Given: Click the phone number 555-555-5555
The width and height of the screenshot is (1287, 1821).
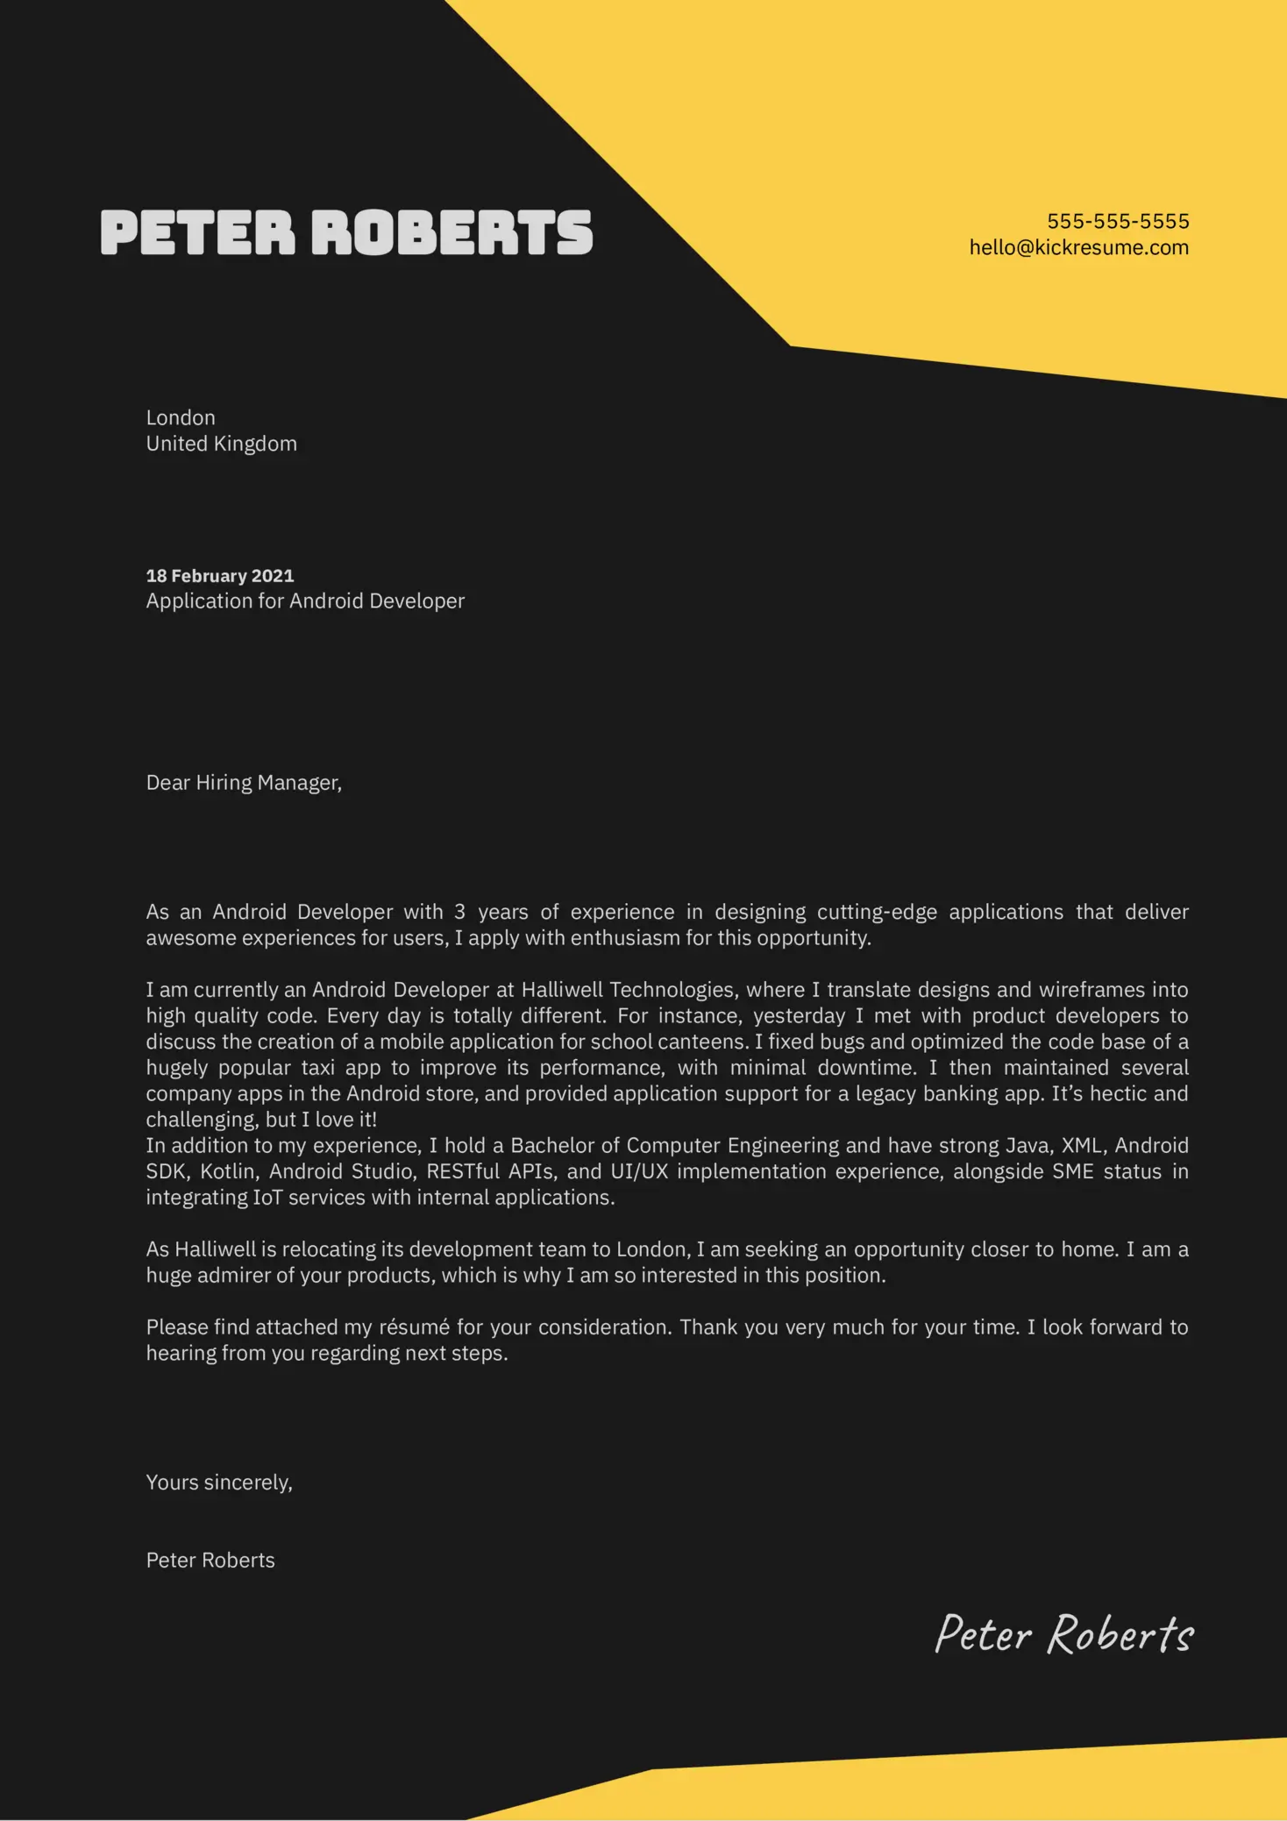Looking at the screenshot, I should tap(1118, 221).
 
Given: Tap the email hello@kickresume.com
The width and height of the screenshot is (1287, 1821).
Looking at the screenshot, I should tap(1078, 247).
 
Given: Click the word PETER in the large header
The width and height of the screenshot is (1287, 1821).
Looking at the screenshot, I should tap(198, 233).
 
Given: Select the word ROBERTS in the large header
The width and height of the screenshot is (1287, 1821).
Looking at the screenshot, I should tap(452, 233).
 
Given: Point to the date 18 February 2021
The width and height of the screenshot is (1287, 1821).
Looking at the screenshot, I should tap(220, 576).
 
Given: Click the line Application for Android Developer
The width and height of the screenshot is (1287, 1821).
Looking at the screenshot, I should tap(305, 601).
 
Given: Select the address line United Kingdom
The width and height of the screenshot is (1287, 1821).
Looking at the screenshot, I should tap(221, 444).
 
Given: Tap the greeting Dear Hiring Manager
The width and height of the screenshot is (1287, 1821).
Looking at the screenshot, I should tap(244, 783).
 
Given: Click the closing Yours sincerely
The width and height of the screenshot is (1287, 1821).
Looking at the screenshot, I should tap(219, 1483).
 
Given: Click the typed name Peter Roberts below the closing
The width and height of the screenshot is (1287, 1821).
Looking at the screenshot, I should tap(210, 1561).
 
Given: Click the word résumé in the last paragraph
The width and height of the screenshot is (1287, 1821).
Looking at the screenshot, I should tap(414, 1327).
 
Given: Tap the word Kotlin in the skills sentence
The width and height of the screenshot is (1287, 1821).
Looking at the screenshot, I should tap(228, 1172).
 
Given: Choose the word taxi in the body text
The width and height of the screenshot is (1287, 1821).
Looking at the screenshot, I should tap(318, 1068).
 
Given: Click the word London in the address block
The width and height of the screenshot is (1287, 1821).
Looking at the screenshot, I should tap(181, 418).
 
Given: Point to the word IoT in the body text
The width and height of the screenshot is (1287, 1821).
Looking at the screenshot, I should tap(267, 1198).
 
